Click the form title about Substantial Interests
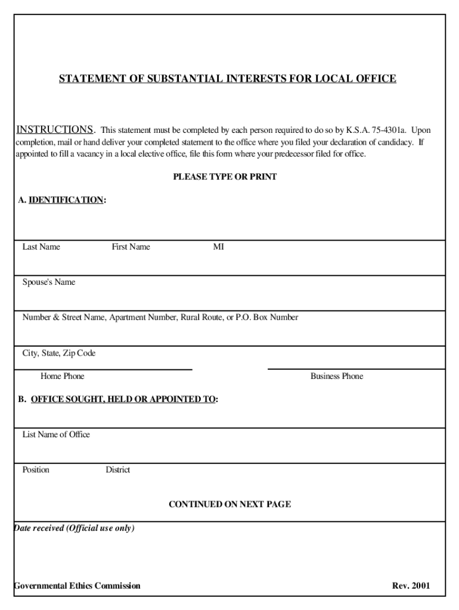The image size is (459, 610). pyautogui.click(x=227, y=79)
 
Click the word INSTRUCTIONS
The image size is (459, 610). pyautogui.click(x=54, y=130)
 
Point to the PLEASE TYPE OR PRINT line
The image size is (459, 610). pyautogui.click(x=225, y=177)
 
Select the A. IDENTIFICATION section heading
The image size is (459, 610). pyautogui.click(x=62, y=200)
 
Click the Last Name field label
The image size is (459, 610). pyautogui.click(x=41, y=247)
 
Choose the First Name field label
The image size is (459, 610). pyautogui.click(x=131, y=247)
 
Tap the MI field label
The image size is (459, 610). pyautogui.click(x=219, y=247)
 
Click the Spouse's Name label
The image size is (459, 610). pyautogui.click(x=49, y=282)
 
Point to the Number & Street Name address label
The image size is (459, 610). pyautogui.click(x=160, y=318)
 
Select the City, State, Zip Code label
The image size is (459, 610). pyautogui.click(x=59, y=353)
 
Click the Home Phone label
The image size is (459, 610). pyautogui.click(x=63, y=376)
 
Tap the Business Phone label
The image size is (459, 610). pyautogui.click(x=336, y=376)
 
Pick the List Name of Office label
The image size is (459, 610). pyautogui.click(x=56, y=434)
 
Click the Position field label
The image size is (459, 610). pyautogui.click(x=36, y=469)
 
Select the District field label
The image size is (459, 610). pyautogui.click(x=117, y=469)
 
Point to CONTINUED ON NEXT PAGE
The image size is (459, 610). pyautogui.click(x=229, y=504)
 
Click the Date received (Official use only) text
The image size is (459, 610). pyautogui.click(x=74, y=528)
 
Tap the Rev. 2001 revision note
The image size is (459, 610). pyautogui.click(x=410, y=586)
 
